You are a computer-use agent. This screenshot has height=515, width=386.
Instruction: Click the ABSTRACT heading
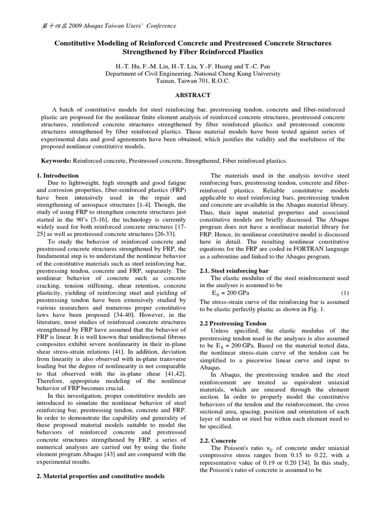[x=192, y=95]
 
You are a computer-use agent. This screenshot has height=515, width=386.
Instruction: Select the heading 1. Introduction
[x=58, y=176]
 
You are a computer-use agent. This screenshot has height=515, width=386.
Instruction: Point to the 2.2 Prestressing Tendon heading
[x=233, y=323]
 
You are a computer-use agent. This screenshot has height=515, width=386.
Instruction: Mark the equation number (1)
[x=345, y=293]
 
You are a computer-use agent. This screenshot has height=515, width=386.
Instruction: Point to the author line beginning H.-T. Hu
[x=192, y=65]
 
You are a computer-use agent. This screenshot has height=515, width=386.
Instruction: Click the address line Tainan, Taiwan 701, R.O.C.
[x=192, y=80]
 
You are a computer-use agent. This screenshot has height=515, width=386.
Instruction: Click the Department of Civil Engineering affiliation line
[x=192, y=73]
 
